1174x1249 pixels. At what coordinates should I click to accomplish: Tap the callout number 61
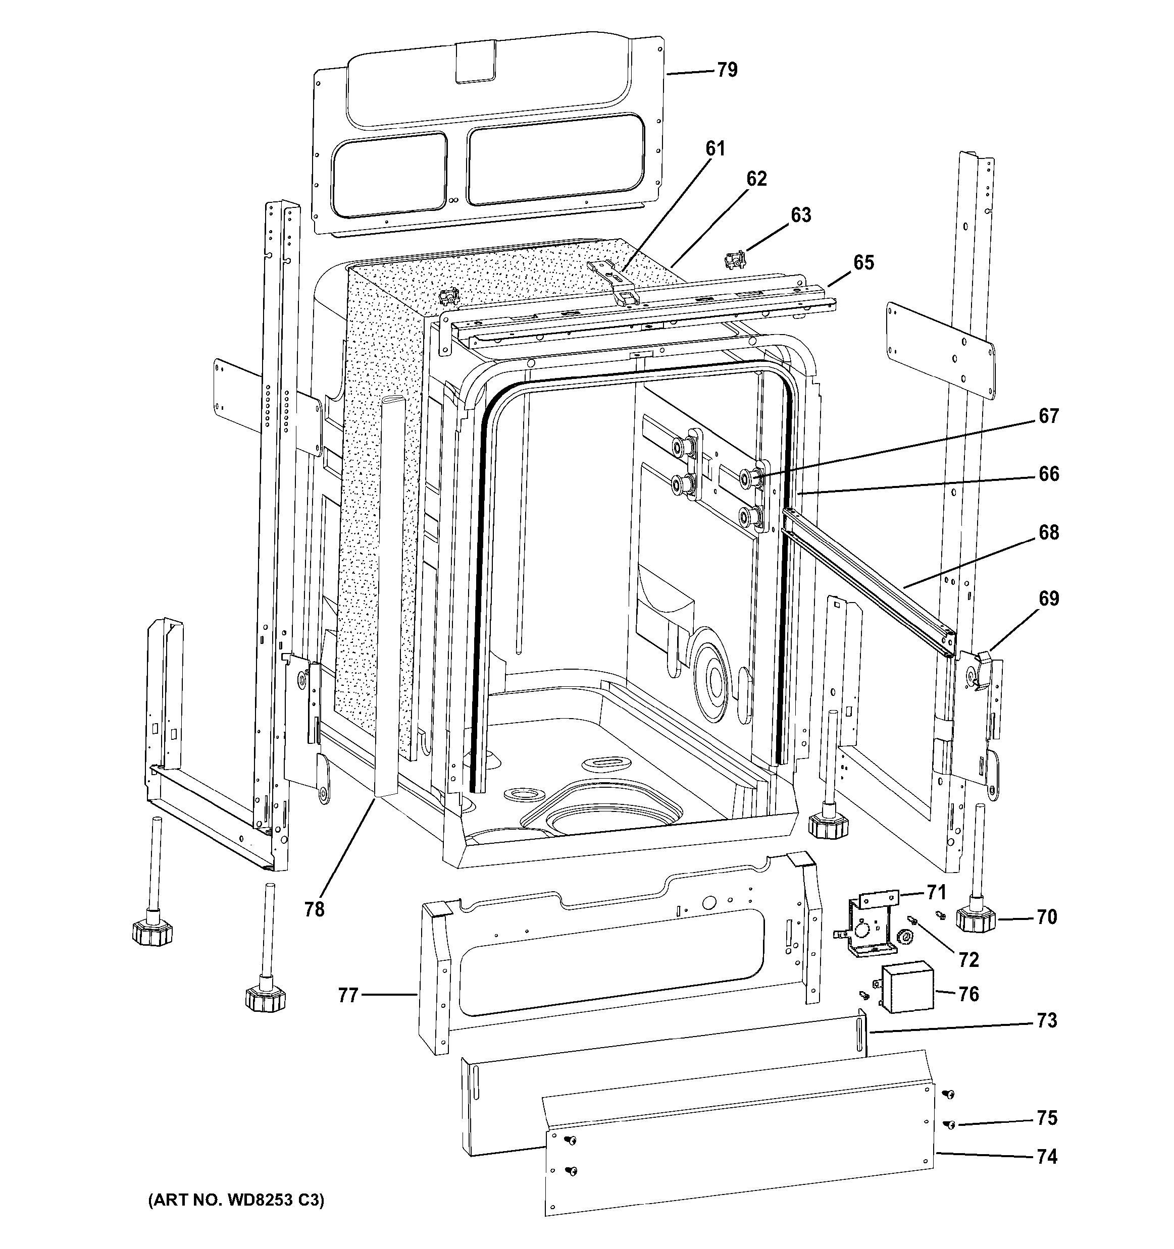[715, 149]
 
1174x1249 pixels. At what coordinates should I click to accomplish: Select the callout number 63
[801, 215]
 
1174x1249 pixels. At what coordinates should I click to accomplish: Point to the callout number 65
[863, 262]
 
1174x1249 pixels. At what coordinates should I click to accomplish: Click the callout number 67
[1048, 416]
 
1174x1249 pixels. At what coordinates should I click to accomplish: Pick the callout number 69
[1048, 599]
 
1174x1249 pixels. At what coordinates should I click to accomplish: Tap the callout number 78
[314, 909]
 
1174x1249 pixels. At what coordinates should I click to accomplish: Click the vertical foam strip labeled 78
[390, 597]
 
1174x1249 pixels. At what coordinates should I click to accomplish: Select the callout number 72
[968, 959]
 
